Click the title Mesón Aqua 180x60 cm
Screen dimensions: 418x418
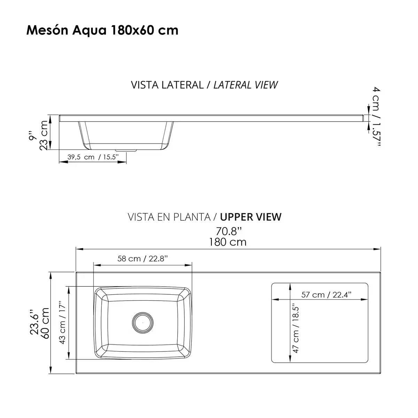coord(102,30)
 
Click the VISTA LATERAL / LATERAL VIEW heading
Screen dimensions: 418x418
coord(204,85)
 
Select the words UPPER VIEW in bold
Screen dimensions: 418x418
coord(251,217)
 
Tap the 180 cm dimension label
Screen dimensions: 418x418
coord(228,242)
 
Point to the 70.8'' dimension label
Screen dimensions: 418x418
coord(228,231)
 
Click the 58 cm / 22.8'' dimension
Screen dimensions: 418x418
coord(142,258)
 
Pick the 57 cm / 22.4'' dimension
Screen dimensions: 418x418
coord(326,295)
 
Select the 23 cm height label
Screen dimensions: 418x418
coord(44,135)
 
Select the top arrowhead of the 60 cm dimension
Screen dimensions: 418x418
coord(51,275)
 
